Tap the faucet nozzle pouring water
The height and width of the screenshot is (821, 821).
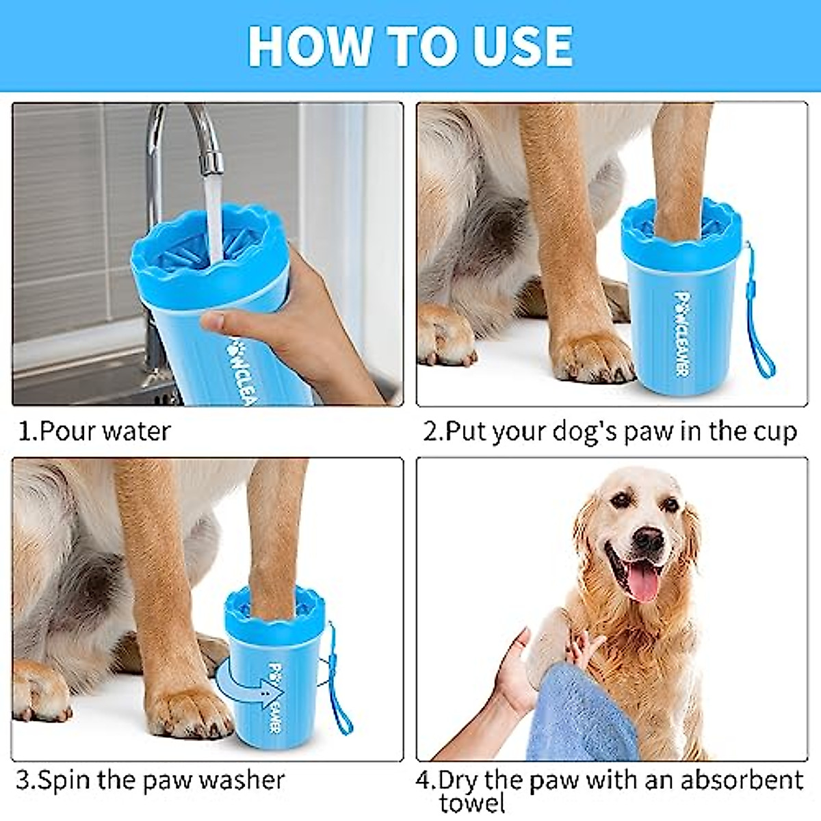pyautogui.click(x=211, y=162)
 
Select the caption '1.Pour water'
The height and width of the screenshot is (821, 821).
pyautogui.click(x=94, y=432)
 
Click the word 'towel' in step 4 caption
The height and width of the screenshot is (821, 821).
pyautogui.click(x=472, y=804)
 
